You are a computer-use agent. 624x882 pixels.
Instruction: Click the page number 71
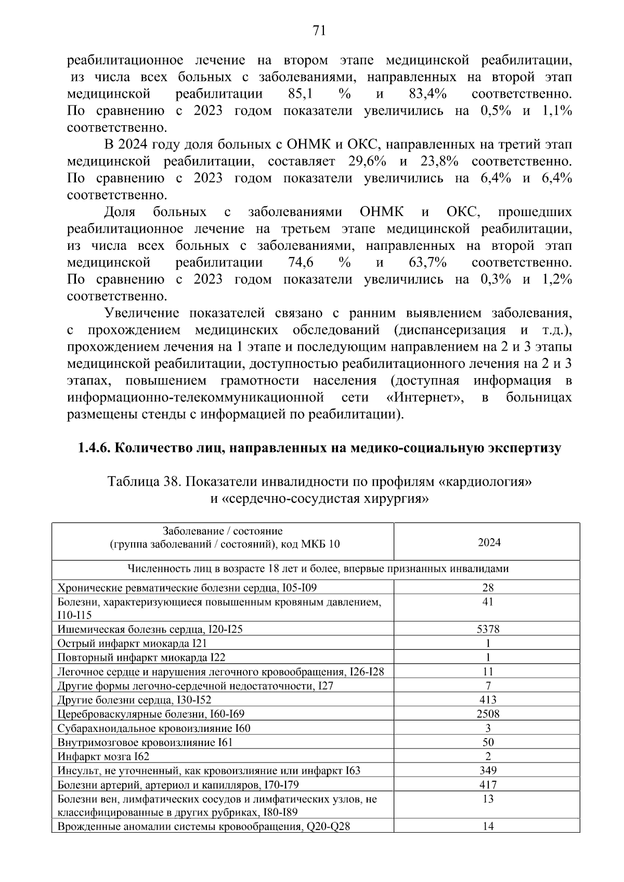click(x=319, y=31)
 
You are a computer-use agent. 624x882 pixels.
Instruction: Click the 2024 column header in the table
click(x=489, y=543)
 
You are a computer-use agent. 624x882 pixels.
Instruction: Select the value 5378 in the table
click(x=488, y=630)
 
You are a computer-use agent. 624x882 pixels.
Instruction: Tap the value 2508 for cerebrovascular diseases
click(x=488, y=714)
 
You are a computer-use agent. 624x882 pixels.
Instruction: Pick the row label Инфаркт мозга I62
click(x=103, y=757)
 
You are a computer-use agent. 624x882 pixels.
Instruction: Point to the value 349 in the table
click(x=488, y=771)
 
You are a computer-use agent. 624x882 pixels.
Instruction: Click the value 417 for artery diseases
click(x=488, y=785)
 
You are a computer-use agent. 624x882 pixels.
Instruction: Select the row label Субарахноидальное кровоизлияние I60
click(x=154, y=728)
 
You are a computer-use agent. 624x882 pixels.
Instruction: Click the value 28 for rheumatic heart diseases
click(x=488, y=588)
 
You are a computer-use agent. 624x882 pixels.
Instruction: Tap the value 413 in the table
click(x=488, y=700)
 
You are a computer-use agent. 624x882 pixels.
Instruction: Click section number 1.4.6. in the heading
click(x=94, y=448)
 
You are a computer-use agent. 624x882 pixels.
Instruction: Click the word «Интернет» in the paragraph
click(x=426, y=398)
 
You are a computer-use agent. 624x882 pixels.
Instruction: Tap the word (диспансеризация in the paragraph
click(x=450, y=330)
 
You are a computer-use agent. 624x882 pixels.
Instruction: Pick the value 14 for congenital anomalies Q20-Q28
click(x=488, y=826)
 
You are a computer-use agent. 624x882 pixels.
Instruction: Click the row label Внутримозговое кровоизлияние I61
click(x=145, y=743)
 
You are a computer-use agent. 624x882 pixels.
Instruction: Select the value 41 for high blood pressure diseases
click(x=488, y=602)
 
